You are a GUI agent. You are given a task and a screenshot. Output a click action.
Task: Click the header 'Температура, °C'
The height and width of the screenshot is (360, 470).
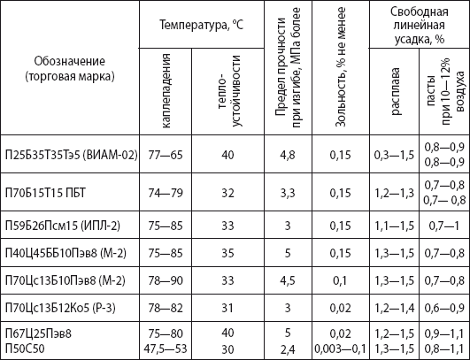(x=201, y=25)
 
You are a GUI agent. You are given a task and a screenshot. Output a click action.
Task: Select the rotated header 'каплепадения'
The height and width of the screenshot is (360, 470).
(x=166, y=91)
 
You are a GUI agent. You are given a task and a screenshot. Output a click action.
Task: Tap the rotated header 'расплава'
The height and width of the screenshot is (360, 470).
(x=395, y=91)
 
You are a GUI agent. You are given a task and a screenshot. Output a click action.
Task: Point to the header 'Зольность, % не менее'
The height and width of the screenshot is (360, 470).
(x=340, y=67)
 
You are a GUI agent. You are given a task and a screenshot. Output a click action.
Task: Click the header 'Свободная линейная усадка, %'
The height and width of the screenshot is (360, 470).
(x=420, y=26)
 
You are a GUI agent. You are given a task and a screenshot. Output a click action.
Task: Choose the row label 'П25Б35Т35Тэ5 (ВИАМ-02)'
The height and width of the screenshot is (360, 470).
(x=72, y=155)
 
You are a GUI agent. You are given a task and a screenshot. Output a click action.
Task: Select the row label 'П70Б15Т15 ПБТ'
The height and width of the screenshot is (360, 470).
(x=45, y=193)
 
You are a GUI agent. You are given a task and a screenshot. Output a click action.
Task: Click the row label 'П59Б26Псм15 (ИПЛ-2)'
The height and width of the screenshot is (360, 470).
(x=63, y=226)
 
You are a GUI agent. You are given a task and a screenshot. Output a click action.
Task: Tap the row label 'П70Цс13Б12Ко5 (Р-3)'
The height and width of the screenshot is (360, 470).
(x=60, y=308)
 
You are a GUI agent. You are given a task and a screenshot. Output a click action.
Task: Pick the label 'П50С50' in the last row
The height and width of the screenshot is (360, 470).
(x=25, y=349)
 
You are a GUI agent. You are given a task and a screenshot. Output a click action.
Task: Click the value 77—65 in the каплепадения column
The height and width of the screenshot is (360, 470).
(x=166, y=155)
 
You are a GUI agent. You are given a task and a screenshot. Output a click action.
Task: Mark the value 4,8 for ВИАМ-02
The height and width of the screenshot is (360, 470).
(x=288, y=156)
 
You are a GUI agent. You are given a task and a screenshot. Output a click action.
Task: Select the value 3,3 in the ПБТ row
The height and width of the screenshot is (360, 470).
(x=288, y=193)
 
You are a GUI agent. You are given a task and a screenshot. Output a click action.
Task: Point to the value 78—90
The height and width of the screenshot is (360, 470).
(x=166, y=280)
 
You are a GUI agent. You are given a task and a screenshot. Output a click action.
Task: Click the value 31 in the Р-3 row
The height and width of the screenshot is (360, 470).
(x=227, y=308)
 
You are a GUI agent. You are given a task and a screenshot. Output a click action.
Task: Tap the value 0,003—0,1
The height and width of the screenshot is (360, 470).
(x=340, y=349)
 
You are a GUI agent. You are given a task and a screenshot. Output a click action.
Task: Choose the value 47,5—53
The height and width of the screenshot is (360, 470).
(x=166, y=349)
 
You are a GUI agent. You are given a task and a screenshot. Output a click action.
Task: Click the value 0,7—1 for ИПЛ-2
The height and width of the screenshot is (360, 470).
(x=444, y=226)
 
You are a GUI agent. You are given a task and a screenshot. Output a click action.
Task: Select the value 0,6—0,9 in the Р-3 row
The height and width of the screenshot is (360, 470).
(x=444, y=308)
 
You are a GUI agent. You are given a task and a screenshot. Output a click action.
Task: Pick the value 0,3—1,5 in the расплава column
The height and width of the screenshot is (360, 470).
(x=394, y=155)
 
